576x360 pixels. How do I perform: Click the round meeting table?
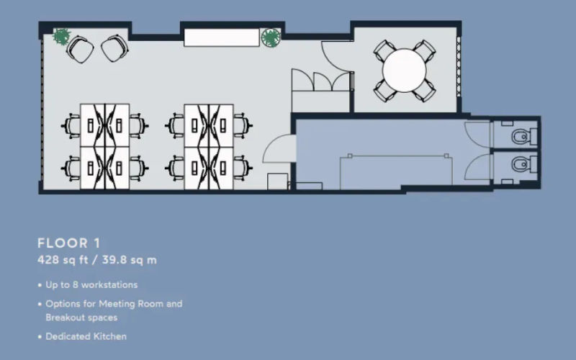tap(405, 70)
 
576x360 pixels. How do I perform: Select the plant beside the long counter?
tap(271, 37)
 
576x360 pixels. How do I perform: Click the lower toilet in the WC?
tap(520, 166)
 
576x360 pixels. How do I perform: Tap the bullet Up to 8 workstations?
tap(91, 284)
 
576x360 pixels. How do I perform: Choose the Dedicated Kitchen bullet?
tap(86, 336)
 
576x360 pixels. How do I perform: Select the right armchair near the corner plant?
tap(113, 49)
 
